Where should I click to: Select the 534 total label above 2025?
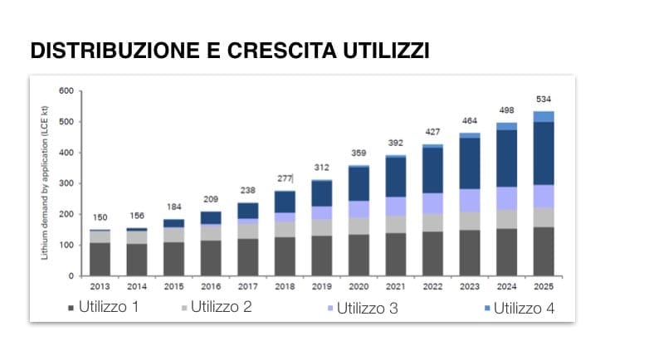point(544,100)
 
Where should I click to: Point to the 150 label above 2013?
point(100,217)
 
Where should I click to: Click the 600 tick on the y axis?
point(66,91)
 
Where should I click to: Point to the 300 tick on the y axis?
point(66,183)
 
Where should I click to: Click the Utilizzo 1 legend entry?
point(109,309)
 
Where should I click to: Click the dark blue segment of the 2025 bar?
point(544,153)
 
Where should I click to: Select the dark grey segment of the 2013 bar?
point(100,258)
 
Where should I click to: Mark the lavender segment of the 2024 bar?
point(506,197)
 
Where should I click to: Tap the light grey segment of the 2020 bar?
point(359,226)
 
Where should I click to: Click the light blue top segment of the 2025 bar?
point(544,116)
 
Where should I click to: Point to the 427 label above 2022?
point(432,132)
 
